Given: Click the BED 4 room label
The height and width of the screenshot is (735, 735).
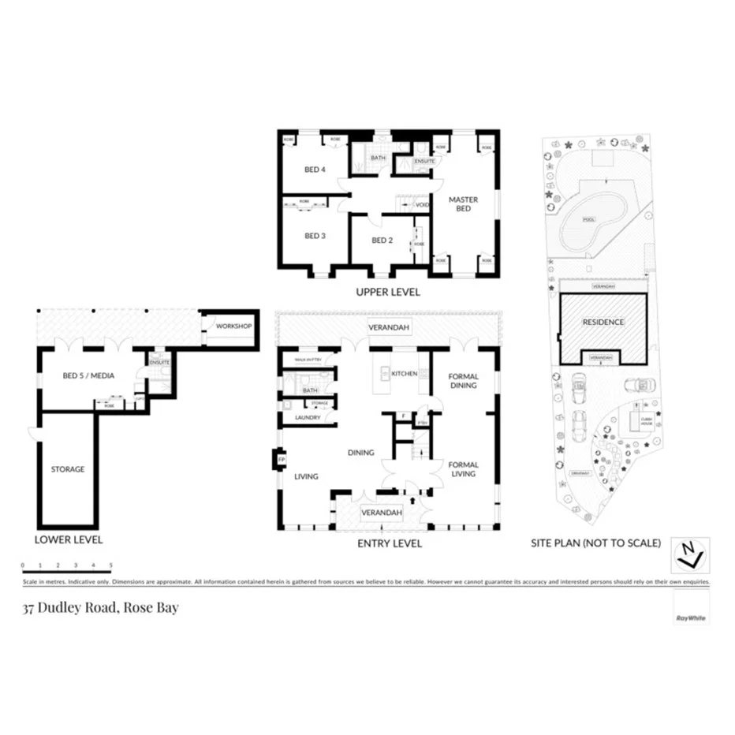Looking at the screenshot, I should [315, 170].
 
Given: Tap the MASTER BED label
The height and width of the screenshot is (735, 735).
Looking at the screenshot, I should [464, 204].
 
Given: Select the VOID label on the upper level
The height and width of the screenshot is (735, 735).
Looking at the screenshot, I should [422, 205].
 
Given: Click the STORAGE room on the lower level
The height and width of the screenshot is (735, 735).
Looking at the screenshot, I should [68, 469].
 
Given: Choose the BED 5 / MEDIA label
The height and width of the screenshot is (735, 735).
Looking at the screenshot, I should [88, 375].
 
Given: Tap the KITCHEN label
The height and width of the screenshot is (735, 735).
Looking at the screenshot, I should [404, 373].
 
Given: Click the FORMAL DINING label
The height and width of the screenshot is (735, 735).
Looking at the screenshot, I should [464, 381].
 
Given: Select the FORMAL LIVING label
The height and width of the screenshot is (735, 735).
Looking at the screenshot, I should [464, 469].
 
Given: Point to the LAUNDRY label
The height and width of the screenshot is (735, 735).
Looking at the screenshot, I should [307, 417].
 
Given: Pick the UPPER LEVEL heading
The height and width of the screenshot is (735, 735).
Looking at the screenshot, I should [387, 293].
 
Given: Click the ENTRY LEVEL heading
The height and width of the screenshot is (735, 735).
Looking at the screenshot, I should [390, 543].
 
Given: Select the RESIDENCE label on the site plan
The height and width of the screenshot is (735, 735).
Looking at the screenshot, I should [603, 322].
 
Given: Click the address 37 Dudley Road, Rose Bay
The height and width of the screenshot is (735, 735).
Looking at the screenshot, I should [100, 608].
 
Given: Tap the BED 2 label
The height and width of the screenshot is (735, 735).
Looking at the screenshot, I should [382, 240].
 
